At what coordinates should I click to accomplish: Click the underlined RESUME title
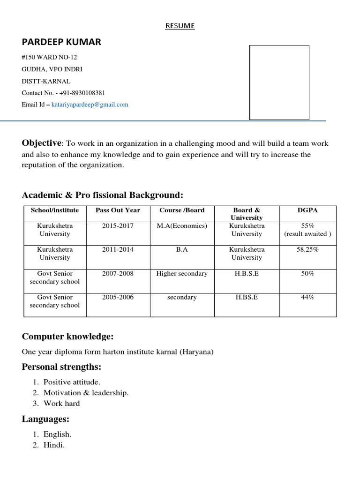point(180,26)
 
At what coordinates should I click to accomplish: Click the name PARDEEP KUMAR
point(61,42)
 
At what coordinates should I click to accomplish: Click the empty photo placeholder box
point(279,82)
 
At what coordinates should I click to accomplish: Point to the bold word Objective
point(41,143)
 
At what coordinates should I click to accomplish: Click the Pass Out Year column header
point(118,210)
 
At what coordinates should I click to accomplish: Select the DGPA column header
point(307,210)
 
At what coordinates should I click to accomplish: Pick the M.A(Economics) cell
point(182,226)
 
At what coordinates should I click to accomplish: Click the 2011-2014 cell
point(118,250)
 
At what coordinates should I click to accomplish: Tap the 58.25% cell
point(307,250)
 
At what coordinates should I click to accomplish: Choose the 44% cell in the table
point(307,297)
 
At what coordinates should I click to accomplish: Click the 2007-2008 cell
point(118,274)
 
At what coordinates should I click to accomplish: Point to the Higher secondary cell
point(182,274)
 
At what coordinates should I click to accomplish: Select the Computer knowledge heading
point(67,337)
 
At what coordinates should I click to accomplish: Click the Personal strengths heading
point(61,367)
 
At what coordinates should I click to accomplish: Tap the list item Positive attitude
point(72,382)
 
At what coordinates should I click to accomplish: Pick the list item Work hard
point(61,403)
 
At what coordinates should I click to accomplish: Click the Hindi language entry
point(54,445)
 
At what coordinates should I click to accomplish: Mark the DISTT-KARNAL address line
point(46,81)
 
